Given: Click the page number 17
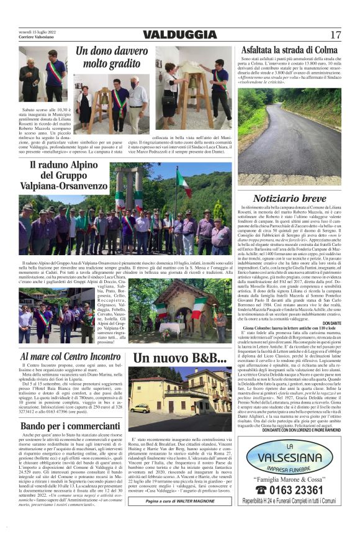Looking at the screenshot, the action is click(335, 35).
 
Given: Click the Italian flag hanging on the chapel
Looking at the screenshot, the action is click(197, 310).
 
